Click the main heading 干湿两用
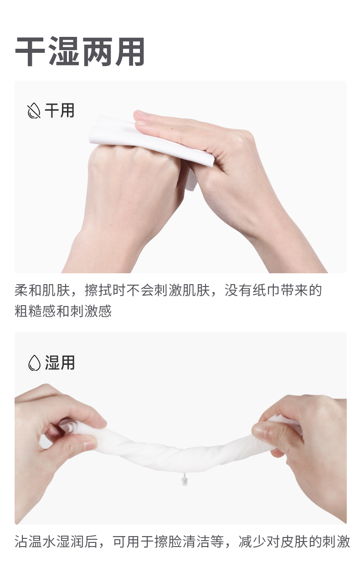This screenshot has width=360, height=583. coord(80,51)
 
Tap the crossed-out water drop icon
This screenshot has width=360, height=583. coord(34,111)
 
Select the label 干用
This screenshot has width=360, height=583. coord(60,111)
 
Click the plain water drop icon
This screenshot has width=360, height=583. coord(34,363)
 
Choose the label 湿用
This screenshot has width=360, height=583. coord(60,363)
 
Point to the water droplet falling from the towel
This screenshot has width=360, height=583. coord(185,481)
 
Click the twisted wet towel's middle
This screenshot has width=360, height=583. coord(180,455)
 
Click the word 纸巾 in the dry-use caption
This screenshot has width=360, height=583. coord(267,290)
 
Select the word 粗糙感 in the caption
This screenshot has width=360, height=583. coord(35,311)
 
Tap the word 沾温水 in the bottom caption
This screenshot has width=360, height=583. coord(35,542)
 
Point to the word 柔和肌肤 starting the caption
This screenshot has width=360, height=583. coord(42,290)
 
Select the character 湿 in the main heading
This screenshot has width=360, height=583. coord(64,51)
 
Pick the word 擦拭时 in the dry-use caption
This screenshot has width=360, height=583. coord(105,290)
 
